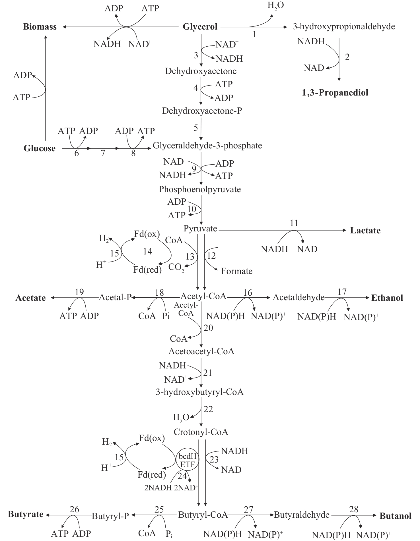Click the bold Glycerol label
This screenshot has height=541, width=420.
click(200, 27)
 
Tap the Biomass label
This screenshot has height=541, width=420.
click(40, 27)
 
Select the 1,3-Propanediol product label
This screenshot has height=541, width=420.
click(335, 93)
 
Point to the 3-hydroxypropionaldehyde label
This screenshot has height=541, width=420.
click(344, 27)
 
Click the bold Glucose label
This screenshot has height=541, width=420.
click(40, 148)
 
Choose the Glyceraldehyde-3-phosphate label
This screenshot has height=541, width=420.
click(207, 146)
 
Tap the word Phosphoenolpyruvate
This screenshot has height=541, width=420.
click(200, 189)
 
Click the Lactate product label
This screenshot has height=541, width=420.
click(365, 230)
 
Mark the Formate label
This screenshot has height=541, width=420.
click(237, 271)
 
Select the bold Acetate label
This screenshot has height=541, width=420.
click(30, 298)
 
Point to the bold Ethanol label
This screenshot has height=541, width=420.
click(387, 298)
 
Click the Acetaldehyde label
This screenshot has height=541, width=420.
click(298, 297)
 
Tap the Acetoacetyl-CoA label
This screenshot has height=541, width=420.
click(201, 351)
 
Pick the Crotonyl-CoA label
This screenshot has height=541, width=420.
click(201, 432)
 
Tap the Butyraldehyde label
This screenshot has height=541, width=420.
click(302, 515)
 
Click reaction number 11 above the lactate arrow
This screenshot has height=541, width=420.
click(294, 223)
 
